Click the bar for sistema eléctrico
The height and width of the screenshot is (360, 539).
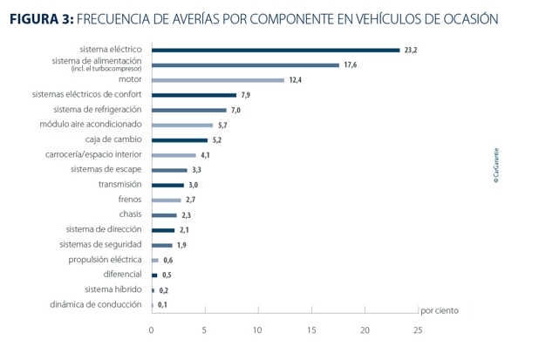click(x=275, y=51)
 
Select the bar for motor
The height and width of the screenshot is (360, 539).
click(x=218, y=80)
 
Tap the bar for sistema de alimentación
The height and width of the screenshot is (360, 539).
click(x=245, y=65)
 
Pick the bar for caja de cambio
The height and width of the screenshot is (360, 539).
click(x=180, y=139)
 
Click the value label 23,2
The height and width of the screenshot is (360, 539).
click(x=411, y=51)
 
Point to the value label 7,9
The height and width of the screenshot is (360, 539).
click(x=246, y=95)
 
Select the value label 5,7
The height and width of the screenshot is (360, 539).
click(x=222, y=125)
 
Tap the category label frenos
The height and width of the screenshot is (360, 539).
click(x=130, y=200)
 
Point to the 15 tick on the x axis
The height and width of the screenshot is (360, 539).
click(x=311, y=330)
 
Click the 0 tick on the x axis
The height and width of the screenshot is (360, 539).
click(x=152, y=330)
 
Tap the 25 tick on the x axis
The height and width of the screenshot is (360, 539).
click(x=418, y=330)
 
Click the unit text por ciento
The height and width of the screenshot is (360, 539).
click(x=439, y=310)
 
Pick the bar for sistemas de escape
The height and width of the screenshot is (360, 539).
click(x=169, y=170)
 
